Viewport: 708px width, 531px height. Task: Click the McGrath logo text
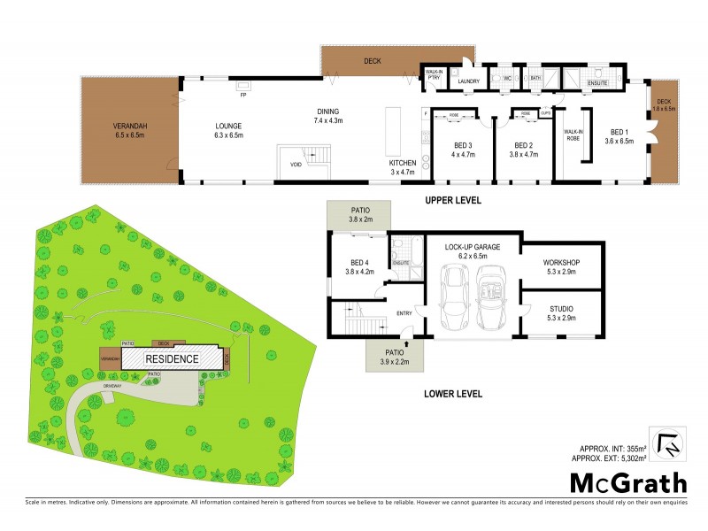click(627, 484)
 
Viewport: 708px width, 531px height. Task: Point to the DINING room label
click(328, 112)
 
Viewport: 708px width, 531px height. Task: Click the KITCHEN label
click(403, 164)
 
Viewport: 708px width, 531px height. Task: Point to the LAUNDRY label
click(468, 81)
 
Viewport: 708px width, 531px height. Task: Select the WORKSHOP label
click(561, 263)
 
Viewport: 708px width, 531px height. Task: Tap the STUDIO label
click(561, 308)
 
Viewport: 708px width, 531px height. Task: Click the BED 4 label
click(358, 263)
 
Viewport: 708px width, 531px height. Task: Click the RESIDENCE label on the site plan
click(173, 359)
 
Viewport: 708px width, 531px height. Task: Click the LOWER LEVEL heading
click(450, 395)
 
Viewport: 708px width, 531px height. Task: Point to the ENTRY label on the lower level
click(404, 313)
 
